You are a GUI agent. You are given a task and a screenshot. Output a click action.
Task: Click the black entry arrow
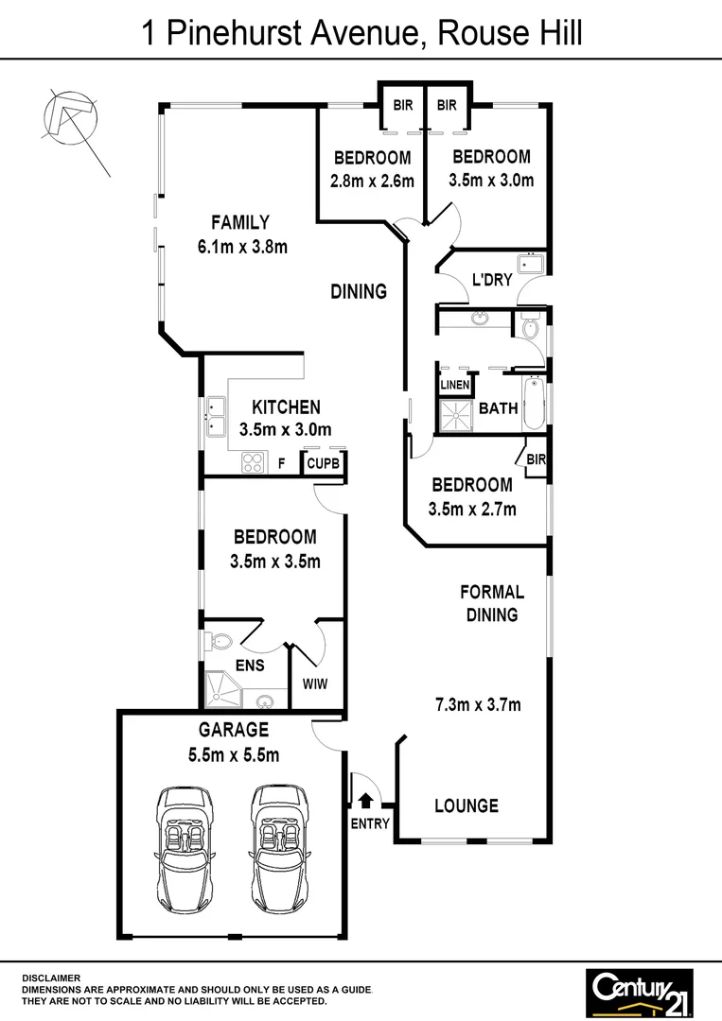(367, 803)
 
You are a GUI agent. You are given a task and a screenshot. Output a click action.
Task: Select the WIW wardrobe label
(315, 684)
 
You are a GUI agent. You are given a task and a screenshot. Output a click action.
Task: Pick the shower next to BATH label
(456, 413)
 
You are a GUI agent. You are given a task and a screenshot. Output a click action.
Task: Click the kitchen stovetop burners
(254, 462)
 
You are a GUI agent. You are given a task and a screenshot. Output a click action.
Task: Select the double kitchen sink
(215, 419)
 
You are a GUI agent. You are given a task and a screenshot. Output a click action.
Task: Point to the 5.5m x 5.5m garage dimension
(234, 754)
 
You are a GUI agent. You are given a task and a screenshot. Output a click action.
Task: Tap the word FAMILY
(239, 223)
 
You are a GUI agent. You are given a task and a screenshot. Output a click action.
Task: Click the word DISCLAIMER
(51, 978)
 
